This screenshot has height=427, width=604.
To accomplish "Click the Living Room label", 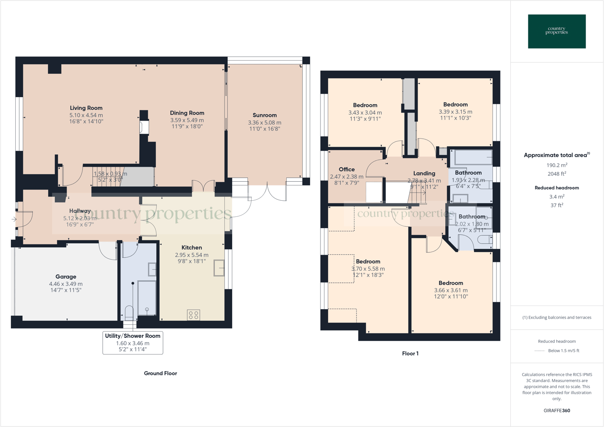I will pyautogui.click(x=86, y=108).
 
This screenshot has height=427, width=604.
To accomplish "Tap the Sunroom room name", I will pyautogui.click(x=265, y=115).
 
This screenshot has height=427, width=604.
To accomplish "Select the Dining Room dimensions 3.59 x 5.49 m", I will pyautogui.click(x=187, y=121).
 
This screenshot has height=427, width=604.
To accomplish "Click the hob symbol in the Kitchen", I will pyautogui.click(x=194, y=315).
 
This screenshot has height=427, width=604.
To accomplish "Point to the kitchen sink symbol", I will pyautogui.click(x=219, y=268).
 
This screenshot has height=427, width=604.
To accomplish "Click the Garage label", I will pyautogui.click(x=66, y=277).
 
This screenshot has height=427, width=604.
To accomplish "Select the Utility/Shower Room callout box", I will pyautogui.click(x=133, y=343).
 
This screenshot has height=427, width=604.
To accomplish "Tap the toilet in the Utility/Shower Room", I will pyautogui.click(x=129, y=312).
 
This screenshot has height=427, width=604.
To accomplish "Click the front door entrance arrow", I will pyautogui.click(x=14, y=220).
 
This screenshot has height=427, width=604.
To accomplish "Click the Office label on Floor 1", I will pyautogui.click(x=347, y=170).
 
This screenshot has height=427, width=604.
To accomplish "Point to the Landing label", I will pyautogui.click(x=424, y=173).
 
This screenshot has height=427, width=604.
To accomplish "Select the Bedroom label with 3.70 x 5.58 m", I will pyautogui.click(x=368, y=261).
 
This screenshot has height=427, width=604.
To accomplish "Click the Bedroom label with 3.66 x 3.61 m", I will pyautogui.click(x=451, y=283).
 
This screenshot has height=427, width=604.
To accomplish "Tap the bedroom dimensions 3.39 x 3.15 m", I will pyautogui.click(x=455, y=112).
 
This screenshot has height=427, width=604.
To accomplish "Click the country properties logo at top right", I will pyautogui.click(x=557, y=31).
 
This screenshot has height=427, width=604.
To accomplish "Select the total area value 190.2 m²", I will pyautogui.click(x=557, y=165).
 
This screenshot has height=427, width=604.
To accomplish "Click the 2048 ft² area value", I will pyautogui.click(x=557, y=174).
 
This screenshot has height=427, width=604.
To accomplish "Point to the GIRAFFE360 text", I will pyautogui.click(x=557, y=410).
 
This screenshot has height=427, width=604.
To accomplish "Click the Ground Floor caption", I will pyautogui.click(x=160, y=373).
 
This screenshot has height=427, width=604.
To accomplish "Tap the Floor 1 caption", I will pyautogui.click(x=410, y=354).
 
